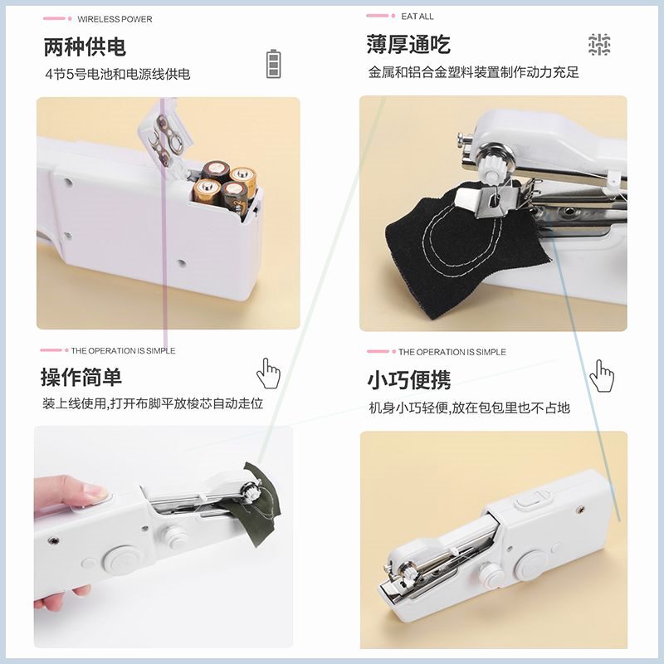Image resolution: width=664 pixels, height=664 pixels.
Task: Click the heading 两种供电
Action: (x=85, y=46)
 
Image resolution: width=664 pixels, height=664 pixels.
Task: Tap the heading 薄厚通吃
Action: (x=409, y=44)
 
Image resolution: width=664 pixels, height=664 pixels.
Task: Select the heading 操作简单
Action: (x=81, y=377)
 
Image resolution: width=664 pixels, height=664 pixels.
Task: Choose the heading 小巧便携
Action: (x=409, y=380)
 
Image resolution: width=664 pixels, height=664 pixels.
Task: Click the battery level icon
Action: (x=274, y=64)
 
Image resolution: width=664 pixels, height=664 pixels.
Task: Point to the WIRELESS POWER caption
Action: (x=115, y=19)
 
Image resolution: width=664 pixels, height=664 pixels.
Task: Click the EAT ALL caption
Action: (x=417, y=16)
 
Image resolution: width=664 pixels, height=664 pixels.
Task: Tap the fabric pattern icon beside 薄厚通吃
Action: (x=599, y=45)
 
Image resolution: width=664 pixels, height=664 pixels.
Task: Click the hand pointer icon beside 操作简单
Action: (x=268, y=373)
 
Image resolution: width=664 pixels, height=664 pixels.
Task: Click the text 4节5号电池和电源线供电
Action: (x=118, y=74)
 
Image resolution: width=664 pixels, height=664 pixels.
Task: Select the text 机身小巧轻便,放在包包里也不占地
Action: (x=469, y=408)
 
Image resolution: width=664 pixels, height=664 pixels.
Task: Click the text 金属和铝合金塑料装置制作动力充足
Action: (x=473, y=72)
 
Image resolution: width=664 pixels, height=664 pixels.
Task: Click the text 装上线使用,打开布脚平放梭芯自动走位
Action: (x=153, y=404)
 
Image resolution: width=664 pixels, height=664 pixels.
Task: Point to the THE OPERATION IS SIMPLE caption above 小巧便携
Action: (x=452, y=352)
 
